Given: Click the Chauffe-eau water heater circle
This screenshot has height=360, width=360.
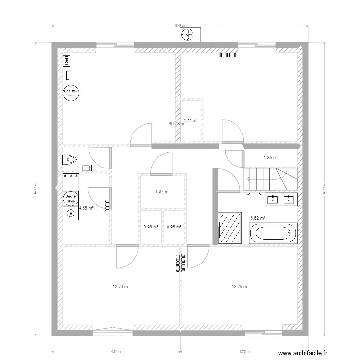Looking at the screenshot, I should [x=71, y=93].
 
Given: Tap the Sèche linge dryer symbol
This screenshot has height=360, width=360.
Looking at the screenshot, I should [x=71, y=198].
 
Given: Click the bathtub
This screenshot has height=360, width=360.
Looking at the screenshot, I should [x=273, y=234].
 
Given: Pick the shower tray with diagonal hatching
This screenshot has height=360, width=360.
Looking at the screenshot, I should [x=230, y=228].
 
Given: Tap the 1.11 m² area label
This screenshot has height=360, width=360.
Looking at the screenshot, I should [x=191, y=120].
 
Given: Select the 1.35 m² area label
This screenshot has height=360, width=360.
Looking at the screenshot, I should [x=271, y=157].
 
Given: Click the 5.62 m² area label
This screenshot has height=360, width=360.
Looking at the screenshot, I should [x=258, y=218].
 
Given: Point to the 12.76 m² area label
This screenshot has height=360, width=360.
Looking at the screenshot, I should [x=121, y=287].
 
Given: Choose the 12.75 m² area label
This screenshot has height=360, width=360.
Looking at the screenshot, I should [x=240, y=287].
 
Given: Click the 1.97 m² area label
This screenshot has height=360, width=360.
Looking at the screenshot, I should [x=162, y=192].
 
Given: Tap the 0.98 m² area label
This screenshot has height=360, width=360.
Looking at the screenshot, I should [x=151, y=227].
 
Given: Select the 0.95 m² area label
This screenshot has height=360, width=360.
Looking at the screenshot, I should [x=174, y=227].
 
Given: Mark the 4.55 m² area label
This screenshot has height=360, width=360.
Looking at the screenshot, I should [x=86, y=208].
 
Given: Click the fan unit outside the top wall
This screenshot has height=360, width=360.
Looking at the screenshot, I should [x=188, y=34].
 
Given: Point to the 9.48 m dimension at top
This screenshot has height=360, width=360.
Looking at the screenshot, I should [x=180, y=26].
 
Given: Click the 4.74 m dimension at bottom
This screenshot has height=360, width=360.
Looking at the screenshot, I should [x=116, y=351].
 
